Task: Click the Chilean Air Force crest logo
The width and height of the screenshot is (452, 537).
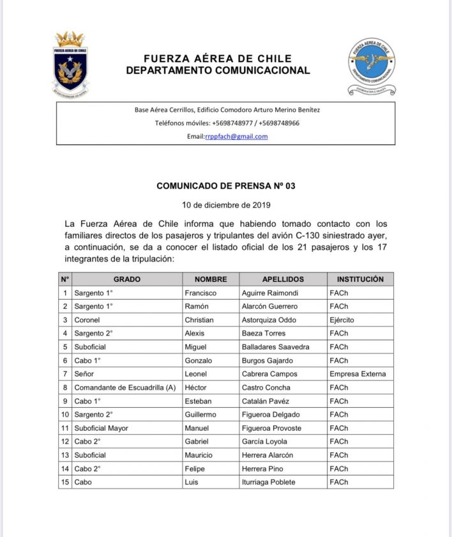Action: (x=70, y=65)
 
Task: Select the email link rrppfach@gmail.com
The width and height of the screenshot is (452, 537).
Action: (x=236, y=136)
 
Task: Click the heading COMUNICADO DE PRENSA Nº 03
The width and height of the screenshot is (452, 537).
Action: (x=226, y=186)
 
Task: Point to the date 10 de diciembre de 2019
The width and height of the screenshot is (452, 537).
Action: (x=227, y=205)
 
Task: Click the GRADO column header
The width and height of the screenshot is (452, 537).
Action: (x=126, y=279)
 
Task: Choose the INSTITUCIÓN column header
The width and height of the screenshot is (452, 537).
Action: (x=360, y=279)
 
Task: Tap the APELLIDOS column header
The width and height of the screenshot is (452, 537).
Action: (x=283, y=279)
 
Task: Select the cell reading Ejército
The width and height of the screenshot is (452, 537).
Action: (x=342, y=320)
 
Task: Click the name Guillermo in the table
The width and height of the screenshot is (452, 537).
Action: (x=200, y=414)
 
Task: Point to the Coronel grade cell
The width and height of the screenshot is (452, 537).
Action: (x=87, y=320)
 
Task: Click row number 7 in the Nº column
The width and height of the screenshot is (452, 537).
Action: (x=64, y=374)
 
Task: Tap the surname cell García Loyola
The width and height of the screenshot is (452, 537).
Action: (x=264, y=442)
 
